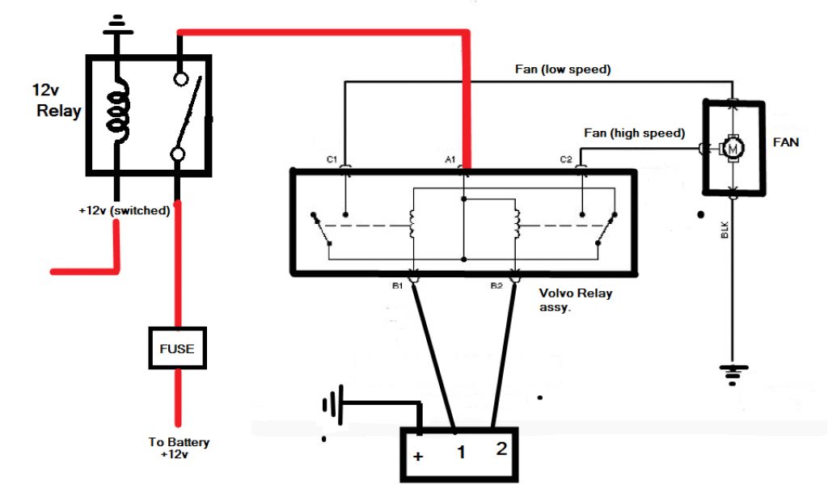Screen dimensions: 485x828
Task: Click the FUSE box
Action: pyautogui.click(x=177, y=348)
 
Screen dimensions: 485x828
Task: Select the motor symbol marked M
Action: pyautogui.click(x=733, y=148)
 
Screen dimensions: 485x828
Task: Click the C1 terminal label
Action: pyautogui.click(x=332, y=160)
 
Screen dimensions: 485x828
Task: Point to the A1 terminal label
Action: pyautogui.click(x=450, y=160)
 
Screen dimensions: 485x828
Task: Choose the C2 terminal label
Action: pyautogui.click(x=567, y=160)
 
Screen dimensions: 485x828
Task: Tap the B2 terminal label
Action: pyautogui.click(x=496, y=285)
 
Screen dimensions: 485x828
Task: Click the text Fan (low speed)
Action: pyautogui.click(x=563, y=70)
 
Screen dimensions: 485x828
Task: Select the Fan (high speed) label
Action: pyautogui.click(x=635, y=133)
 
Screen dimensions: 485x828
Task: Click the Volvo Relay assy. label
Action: pyautogui.click(x=575, y=300)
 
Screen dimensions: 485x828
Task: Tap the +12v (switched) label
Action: pyautogui.click(x=124, y=210)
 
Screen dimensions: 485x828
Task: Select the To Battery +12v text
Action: pyautogui.click(x=179, y=448)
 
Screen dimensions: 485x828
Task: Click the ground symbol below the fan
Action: pyautogui.click(x=733, y=371)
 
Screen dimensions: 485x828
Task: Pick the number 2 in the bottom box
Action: pyautogui.click(x=501, y=449)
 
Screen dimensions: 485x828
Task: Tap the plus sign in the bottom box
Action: pyautogui.click(x=418, y=456)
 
